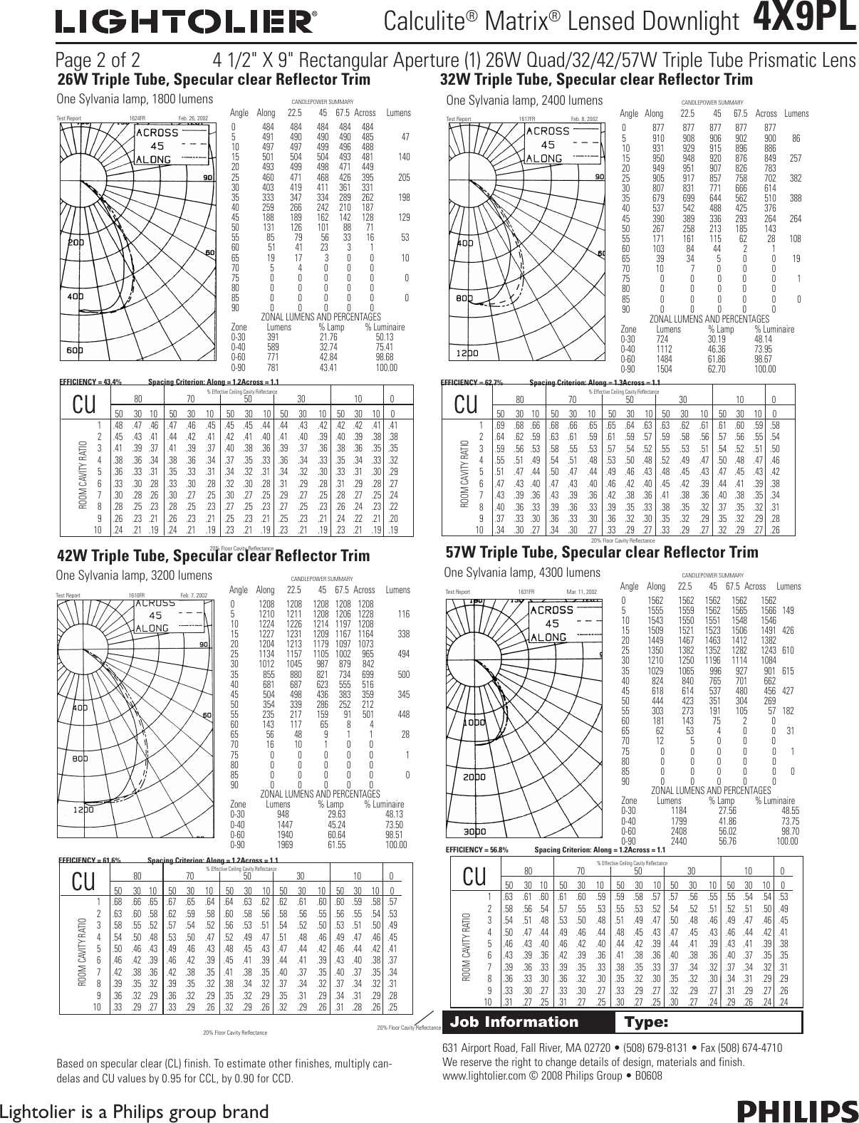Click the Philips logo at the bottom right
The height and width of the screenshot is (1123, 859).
coord(797,1111)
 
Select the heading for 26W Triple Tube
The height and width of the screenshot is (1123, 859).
coord(214,78)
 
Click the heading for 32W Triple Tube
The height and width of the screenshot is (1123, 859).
coord(597,79)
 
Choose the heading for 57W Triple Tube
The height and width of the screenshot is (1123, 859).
coord(601,553)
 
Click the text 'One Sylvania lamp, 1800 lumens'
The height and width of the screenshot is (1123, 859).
coord(135,99)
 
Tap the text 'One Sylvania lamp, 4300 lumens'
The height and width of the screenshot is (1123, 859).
coord(522,573)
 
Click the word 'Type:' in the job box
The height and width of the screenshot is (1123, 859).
coord(646,1023)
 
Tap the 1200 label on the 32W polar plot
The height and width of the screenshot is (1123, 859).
coord(469,353)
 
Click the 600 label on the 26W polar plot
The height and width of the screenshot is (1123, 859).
coord(75,350)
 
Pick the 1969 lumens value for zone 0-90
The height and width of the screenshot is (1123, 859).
coord(283,845)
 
